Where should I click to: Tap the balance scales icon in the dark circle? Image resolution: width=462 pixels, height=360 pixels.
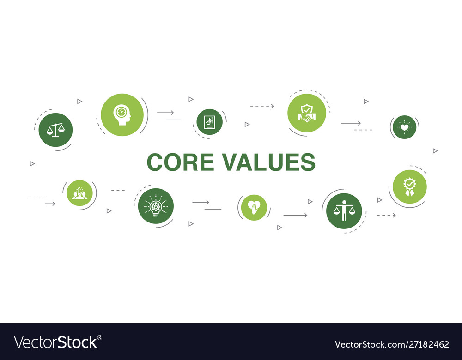click(x=55, y=130)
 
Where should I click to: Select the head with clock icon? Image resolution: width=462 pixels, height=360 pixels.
click(x=122, y=114)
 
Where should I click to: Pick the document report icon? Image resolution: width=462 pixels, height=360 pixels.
click(x=209, y=122)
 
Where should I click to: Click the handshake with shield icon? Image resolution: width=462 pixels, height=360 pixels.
click(x=306, y=113)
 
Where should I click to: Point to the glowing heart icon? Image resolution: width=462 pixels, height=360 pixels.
click(x=405, y=127)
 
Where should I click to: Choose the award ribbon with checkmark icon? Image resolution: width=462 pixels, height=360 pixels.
click(x=409, y=186)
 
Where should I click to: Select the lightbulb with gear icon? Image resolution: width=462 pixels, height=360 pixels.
click(x=156, y=206)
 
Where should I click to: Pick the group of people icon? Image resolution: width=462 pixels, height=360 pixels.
click(x=79, y=193)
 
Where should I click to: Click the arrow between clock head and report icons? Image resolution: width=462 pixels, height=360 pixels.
click(x=165, y=112)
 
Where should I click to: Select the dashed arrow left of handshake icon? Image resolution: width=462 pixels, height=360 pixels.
click(x=262, y=106)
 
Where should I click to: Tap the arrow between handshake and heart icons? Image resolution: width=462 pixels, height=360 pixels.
click(x=351, y=123)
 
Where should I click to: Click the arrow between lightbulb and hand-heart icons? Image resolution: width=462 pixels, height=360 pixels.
click(x=201, y=202)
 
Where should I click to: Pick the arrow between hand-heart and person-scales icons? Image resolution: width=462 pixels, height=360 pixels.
click(x=295, y=215)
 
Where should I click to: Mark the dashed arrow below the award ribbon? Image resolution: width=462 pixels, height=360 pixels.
click(x=386, y=215)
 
